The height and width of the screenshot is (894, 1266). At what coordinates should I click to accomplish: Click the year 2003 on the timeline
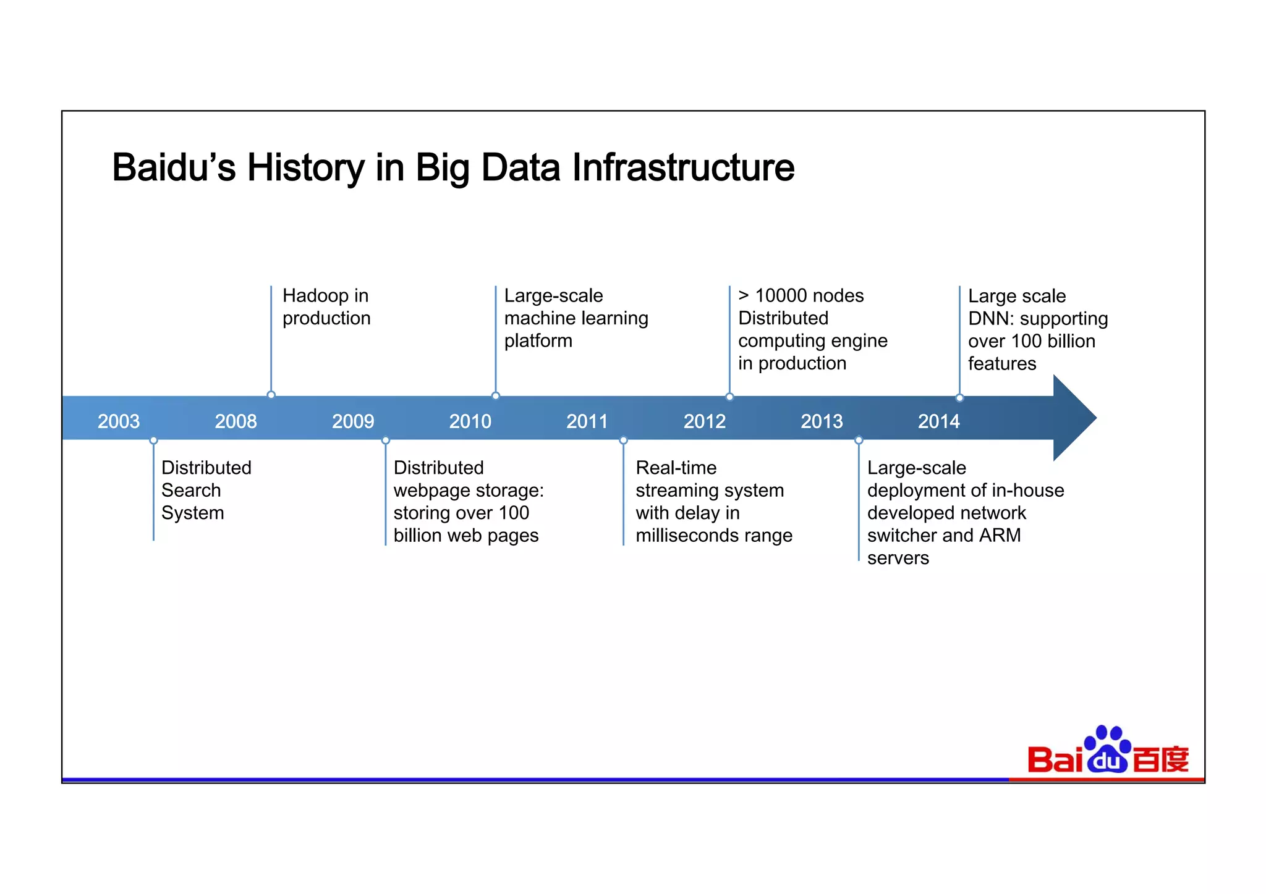pos(119,421)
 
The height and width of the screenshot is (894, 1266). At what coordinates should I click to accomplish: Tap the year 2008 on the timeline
pos(236,421)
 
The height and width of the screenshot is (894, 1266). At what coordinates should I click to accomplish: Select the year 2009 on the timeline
pos(353,421)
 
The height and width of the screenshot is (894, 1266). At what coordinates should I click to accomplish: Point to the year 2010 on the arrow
pos(470,421)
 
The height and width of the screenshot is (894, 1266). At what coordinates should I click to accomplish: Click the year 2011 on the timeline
pos(587,421)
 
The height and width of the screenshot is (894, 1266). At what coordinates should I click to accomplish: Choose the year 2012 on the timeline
pos(704,421)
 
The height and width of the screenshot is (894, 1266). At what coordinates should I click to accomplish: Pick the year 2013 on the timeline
pos(822,421)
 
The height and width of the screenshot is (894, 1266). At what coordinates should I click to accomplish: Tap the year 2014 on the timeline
pos(938,421)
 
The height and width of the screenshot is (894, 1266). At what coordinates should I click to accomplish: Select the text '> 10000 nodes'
pos(801,296)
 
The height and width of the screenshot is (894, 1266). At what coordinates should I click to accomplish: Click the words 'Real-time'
pos(676,468)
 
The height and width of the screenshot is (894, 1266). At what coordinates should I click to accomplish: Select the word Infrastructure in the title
pos(683,167)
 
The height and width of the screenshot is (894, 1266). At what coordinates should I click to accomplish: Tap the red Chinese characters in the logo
pos(1161,759)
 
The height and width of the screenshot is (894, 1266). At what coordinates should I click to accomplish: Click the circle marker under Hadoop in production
pos(271,395)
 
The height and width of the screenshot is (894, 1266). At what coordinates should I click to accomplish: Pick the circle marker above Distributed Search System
pos(153,441)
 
